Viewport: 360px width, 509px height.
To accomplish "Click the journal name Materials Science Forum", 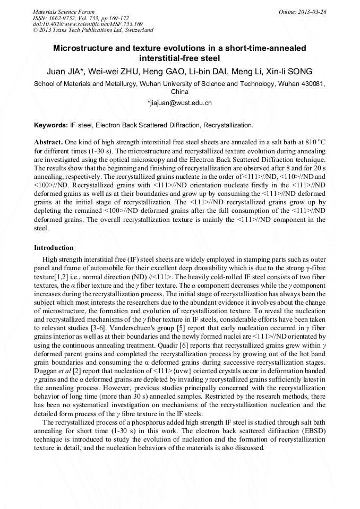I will click(x=64, y=11).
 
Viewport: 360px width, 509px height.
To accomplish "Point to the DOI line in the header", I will click(x=88, y=24).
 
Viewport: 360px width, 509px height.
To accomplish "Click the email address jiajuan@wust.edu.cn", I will click(x=179, y=103).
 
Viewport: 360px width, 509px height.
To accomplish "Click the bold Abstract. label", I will click(x=48, y=143).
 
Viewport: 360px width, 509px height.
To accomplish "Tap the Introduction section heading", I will click(x=54, y=248).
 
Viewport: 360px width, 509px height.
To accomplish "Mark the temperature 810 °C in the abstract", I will click(x=313, y=143).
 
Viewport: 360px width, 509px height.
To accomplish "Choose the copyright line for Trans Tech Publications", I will click(x=93, y=30).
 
